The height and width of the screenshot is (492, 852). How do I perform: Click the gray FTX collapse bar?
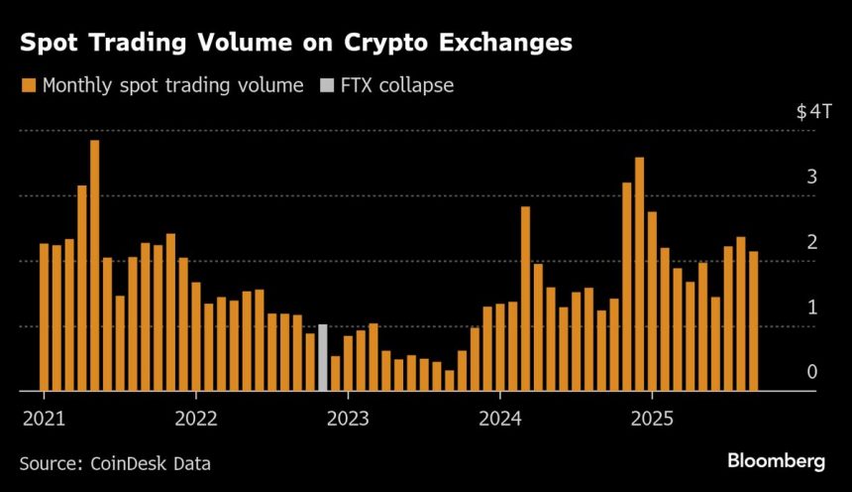click(x=322, y=357)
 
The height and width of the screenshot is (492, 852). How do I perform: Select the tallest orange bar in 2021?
click(x=94, y=266)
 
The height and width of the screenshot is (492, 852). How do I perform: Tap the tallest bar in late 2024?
click(x=639, y=274)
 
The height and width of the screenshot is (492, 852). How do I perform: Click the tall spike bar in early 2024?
click(x=525, y=299)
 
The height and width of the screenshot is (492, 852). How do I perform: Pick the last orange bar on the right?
click(x=754, y=321)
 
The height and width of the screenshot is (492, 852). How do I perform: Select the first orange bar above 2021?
click(x=44, y=317)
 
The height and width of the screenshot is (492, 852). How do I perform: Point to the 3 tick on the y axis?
click(x=811, y=178)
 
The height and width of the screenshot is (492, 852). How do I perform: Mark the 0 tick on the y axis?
click(x=811, y=372)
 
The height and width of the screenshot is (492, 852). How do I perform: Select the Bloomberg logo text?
click(x=776, y=460)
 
